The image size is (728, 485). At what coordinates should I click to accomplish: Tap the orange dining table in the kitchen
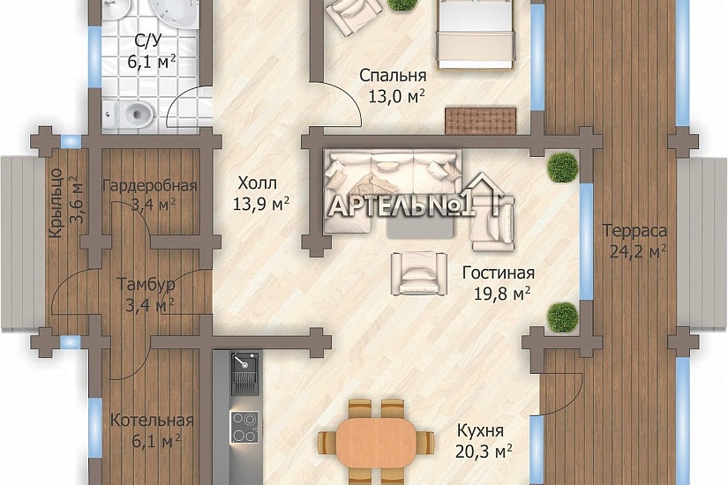[x=376, y=444]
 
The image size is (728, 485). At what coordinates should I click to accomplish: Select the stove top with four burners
[x=244, y=427]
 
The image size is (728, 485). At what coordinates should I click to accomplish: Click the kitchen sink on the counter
[x=243, y=367]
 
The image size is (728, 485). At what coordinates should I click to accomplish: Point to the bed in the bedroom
[x=476, y=34]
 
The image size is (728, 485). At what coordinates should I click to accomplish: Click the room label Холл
[x=257, y=183]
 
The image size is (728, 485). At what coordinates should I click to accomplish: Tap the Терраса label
[x=634, y=230]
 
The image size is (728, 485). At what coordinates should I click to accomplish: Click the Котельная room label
[x=152, y=421]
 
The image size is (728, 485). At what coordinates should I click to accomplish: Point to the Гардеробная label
[x=149, y=186]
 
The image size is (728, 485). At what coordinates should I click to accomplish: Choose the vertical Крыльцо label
[x=56, y=203]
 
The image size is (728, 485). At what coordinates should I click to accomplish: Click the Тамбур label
[x=146, y=284]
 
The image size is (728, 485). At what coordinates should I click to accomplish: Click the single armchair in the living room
[x=419, y=273]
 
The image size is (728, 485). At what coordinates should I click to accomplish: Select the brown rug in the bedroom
[x=481, y=121]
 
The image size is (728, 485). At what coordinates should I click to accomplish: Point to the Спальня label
[x=393, y=75]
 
